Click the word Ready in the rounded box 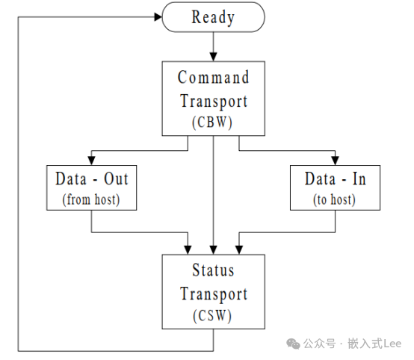click(x=213, y=17)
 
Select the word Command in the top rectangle click(x=213, y=78)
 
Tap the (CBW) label click(x=212, y=122)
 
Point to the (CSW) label click(x=212, y=316)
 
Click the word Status click(x=213, y=270)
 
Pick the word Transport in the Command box click(x=214, y=102)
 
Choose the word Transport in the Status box click(x=214, y=294)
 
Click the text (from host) click(x=91, y=199)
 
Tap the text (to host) click(x=335, y=199)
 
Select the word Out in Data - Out click(x=116, y=179)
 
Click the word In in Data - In click(x=359, y=179)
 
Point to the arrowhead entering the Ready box click(x=158, y=17)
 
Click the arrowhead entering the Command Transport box click(x=213, y=57)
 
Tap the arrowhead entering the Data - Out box click(x=91, y=161)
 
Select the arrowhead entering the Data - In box click(x=335, y=161)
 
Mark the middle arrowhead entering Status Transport click(x=213, y=250)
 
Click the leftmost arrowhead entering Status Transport click(x=188, y=250)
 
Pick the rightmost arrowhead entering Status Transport click(x=239, y=250)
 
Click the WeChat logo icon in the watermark click(x=293, y=344)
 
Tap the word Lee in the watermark click(x=392, y=344)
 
